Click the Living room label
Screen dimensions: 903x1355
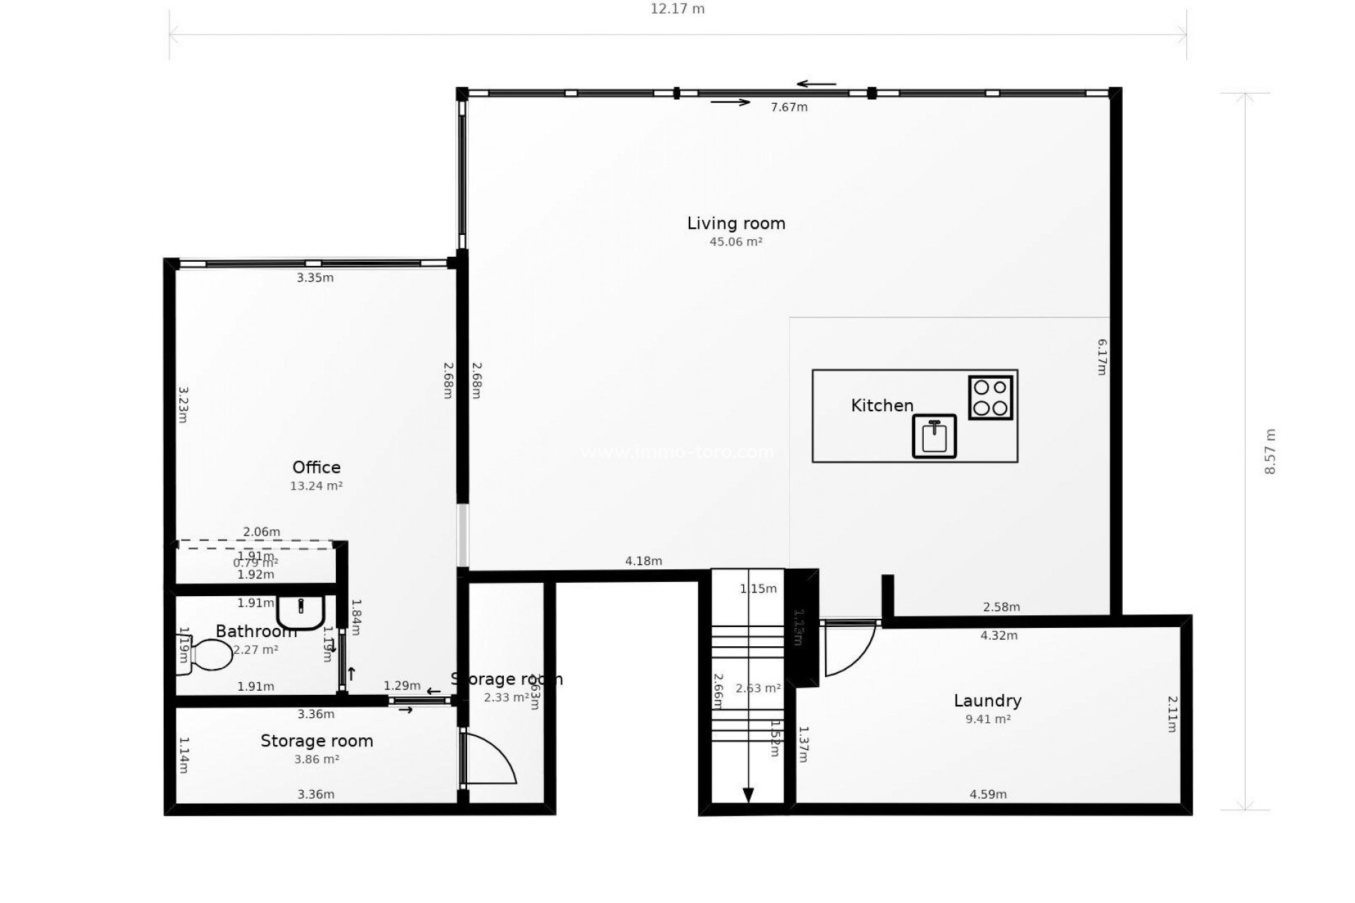pos(736,224)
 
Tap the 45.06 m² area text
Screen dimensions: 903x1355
pos(736,242)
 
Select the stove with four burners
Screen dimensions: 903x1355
pos(990,398)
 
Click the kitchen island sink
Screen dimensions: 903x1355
pos(934,436)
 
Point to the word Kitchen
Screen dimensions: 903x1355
pos(882,406)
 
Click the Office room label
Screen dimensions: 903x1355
pos(316,468)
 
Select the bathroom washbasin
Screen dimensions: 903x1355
pos(301,611)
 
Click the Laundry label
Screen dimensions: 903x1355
pos(987,701)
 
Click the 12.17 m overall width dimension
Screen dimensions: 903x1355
pos(677,9)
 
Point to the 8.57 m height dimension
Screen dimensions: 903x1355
pos(1270,451)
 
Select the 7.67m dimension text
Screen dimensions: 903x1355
pos(789,107)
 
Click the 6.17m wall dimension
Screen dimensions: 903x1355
pos(1102,357)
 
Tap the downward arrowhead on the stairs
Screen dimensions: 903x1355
pos(748,794)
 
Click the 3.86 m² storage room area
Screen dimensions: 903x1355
pos(316,760)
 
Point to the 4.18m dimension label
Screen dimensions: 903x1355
pos(644,562)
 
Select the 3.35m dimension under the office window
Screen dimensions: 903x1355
pos(315,278)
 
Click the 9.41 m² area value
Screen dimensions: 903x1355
pos(988,720)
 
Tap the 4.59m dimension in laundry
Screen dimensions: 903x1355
pos(988,794)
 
